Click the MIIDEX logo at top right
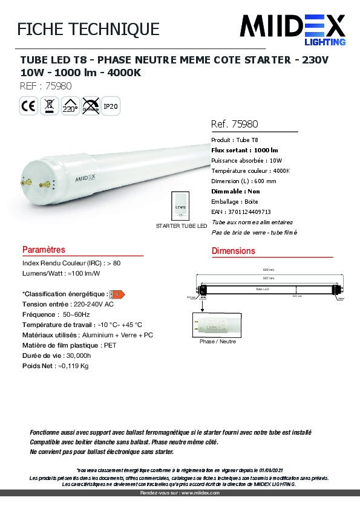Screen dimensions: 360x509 [x=293, y=29]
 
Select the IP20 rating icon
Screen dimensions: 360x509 [x=110, y=106]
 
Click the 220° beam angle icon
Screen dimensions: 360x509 [x=70, y=106]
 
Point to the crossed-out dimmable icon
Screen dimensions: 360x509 [x=90, y=106]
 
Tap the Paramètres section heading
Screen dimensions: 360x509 [x=44, y=250]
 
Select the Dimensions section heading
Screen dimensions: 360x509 [x=234, y=251]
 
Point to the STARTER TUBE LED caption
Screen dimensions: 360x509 [x=182, y=225]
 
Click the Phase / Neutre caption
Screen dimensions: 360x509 [x=217, y=341]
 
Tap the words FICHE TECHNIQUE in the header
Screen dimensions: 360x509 [x=89, y=29]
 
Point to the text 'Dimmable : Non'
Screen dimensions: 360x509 [x=236, y=191]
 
